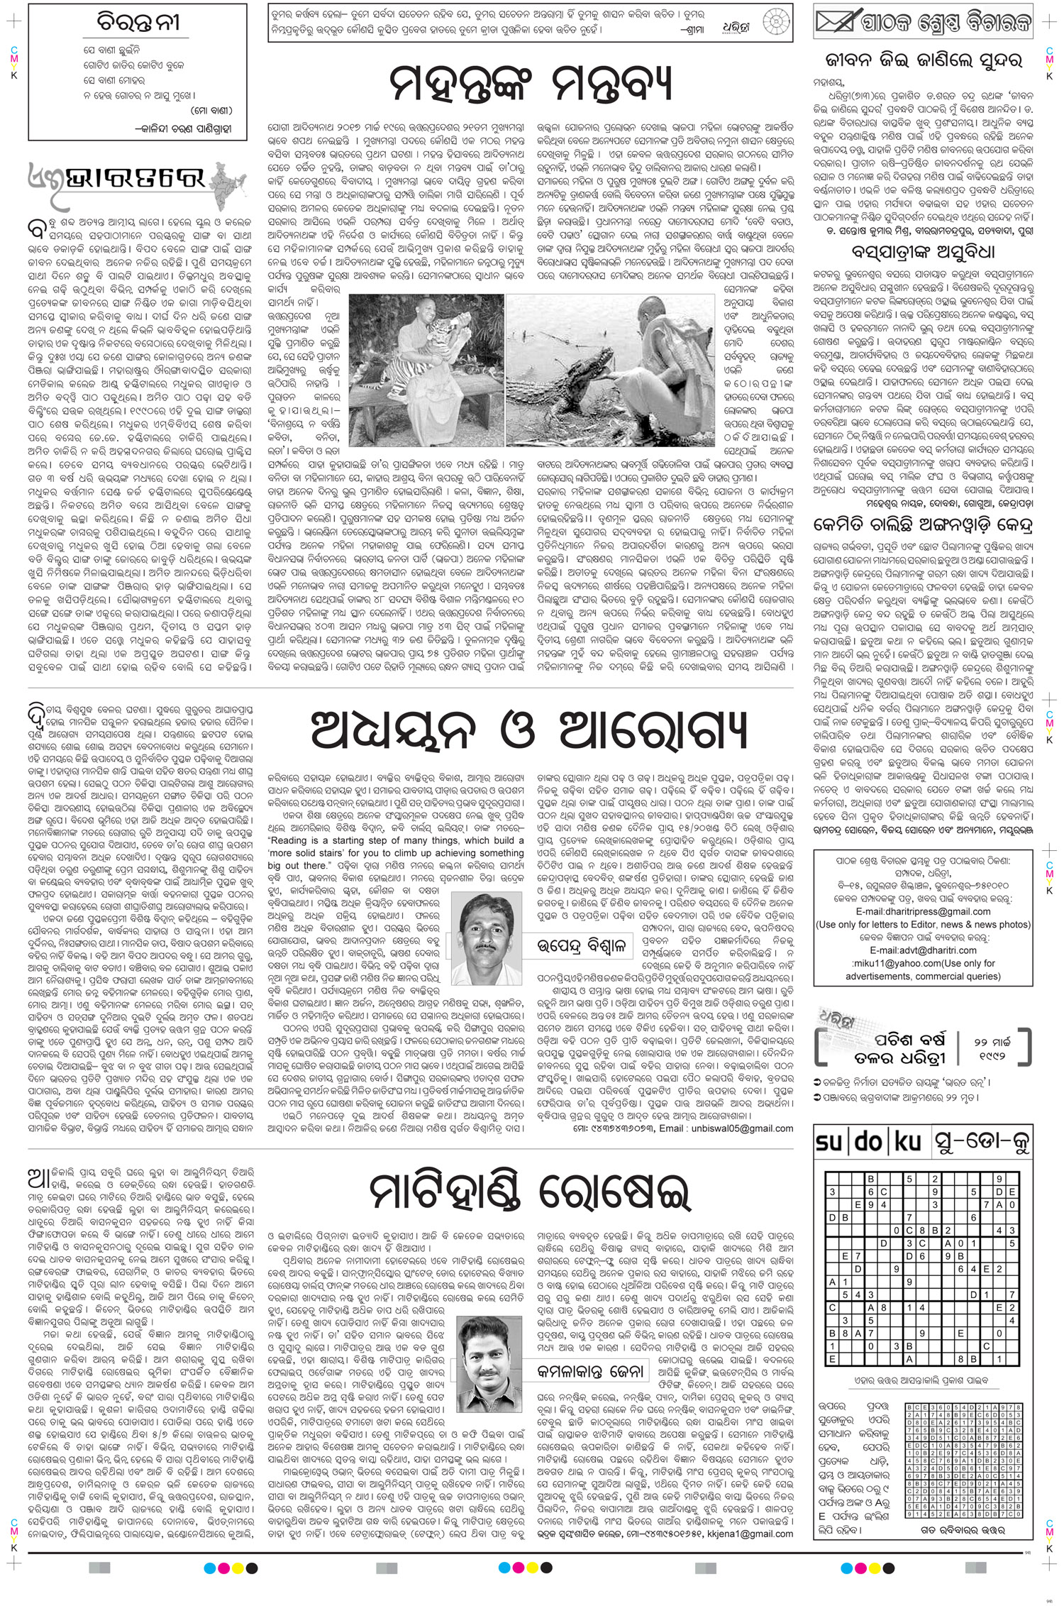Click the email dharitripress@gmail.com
pyautogui.click(x=923, y=911)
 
